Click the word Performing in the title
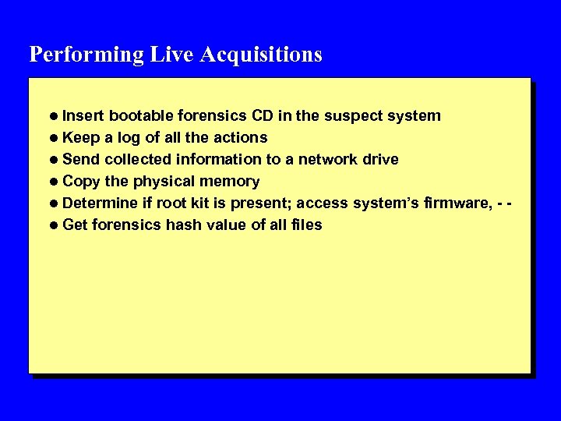pyautogui.click(x=86, y=55)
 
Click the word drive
pyautogui.click(x=380, y=160)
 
